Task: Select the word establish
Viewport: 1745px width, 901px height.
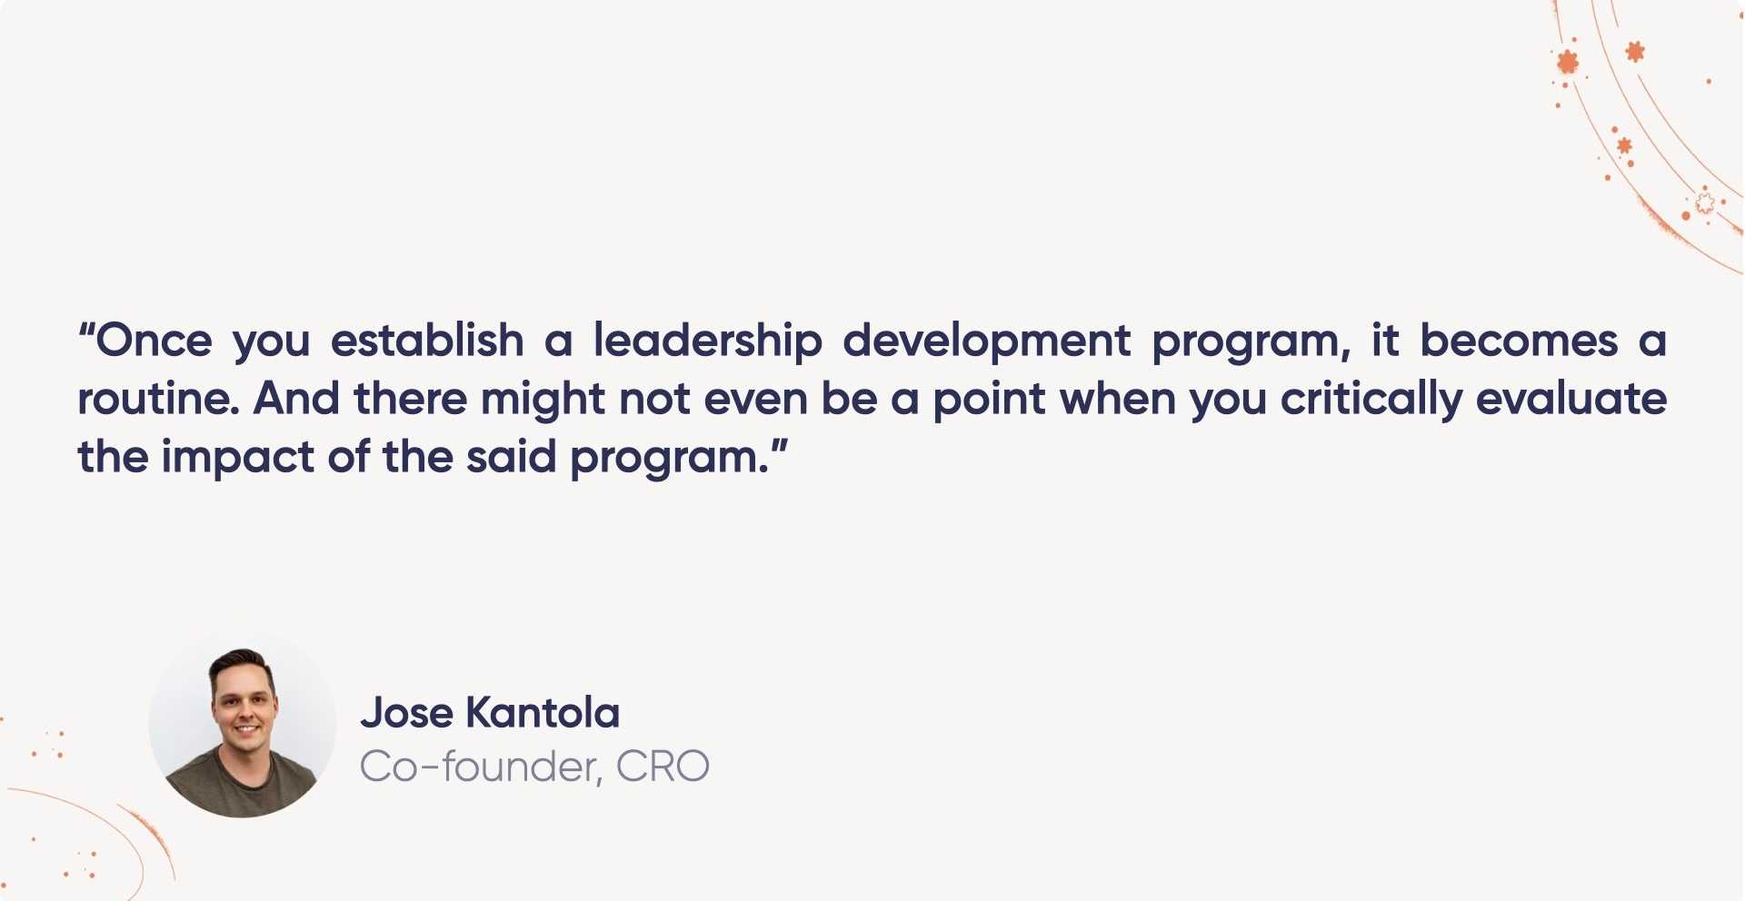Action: tap(427, 342)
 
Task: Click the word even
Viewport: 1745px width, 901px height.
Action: tap(755, 400)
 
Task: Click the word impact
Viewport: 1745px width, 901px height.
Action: tap(237, 458)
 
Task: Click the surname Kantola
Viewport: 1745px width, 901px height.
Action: tap(543, 713)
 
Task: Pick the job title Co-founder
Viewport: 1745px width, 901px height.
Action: tap(480, 767)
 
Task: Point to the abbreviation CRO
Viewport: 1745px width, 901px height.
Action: tap(663, 767)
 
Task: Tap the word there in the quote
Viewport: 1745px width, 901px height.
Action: tap(410, 400)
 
